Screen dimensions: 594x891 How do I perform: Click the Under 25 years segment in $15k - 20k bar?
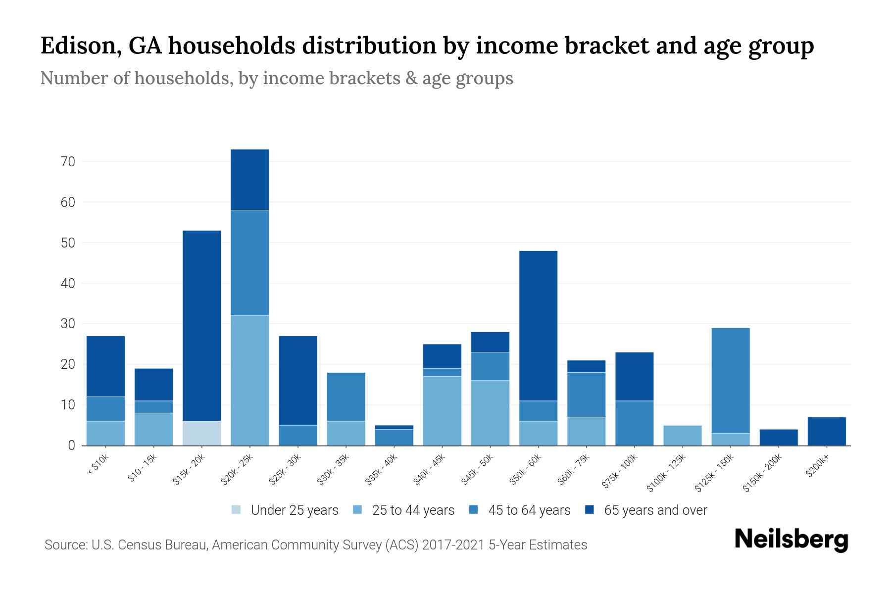pyautogui.click(x=202, y=433)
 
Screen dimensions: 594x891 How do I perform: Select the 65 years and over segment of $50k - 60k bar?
pyautogui.click(x=538, y=326)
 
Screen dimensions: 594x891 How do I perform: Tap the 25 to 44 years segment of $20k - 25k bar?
pyautogui.click(x=250, y=380)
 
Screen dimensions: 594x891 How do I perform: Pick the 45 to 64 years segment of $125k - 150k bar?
pyautogui.click(x=731, y=380)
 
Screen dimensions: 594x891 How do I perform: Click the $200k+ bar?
pyautogui.click(x=827, y=431)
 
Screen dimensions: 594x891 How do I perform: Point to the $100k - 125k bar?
pyautogui.click(x=683, y=435)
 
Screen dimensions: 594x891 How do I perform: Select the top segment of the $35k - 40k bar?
pyautogui.click(x=394, y=427)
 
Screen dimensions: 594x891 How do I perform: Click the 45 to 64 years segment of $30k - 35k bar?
pyautogui.click(x=346, y=396)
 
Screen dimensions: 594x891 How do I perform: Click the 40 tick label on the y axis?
pyautogui.click(x=68, y=284)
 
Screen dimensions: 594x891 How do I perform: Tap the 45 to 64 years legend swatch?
pyautogui.click(x=474, y=510)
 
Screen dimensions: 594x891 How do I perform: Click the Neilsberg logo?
pyautogui.click(x=791, y=540)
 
